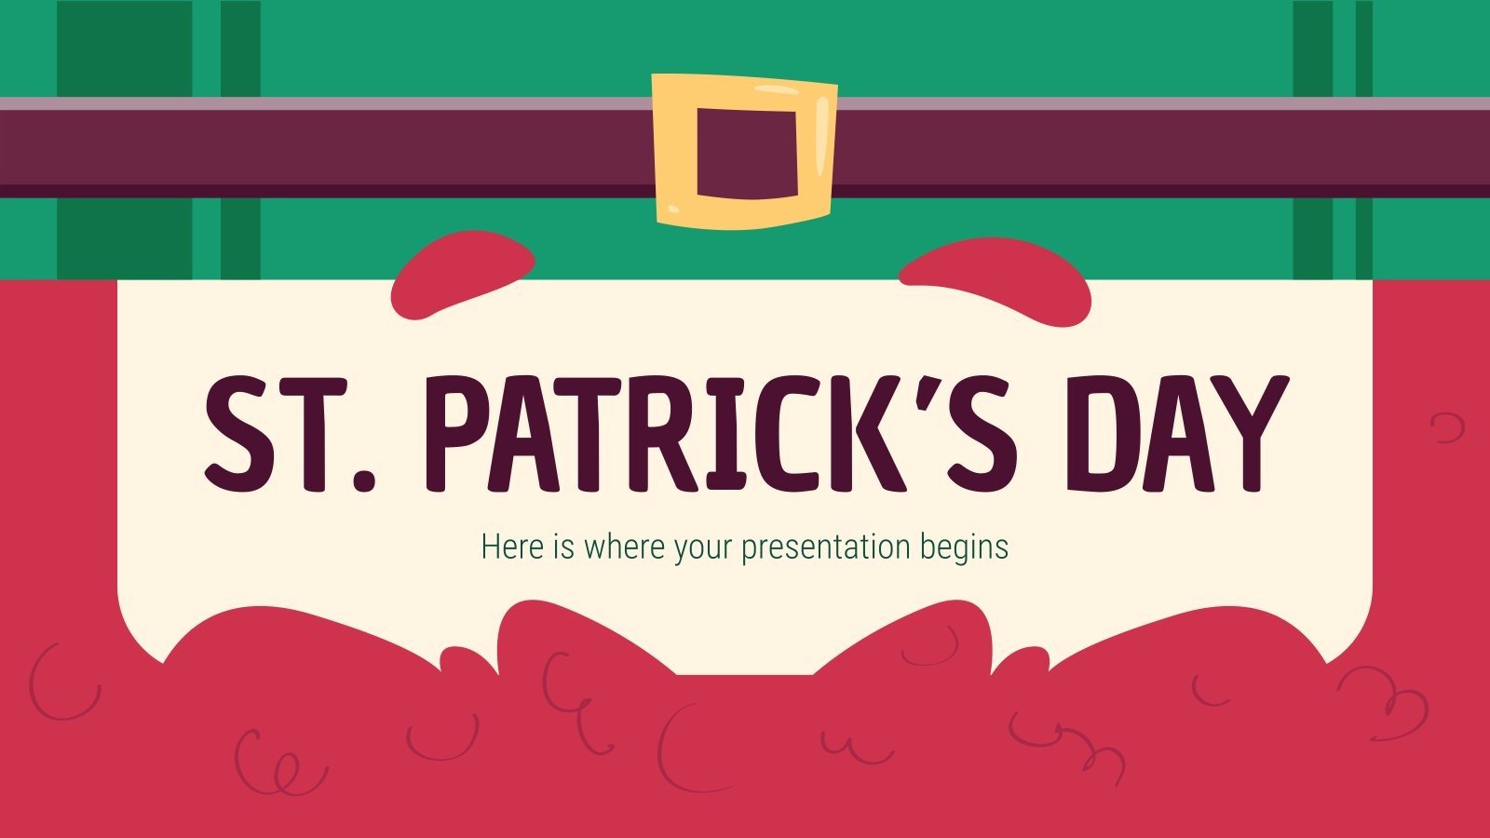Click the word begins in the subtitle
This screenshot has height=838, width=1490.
pyautogui.click(x=964, y=547)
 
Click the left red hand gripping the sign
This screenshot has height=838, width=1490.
pyautogui.click(x=463, y=270)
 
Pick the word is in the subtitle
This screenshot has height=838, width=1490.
pyautogui.click(x=563, y=547)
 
